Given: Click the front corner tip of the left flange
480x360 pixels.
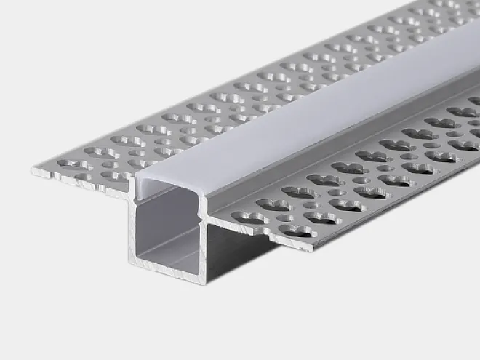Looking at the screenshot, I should coord(33,172).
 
